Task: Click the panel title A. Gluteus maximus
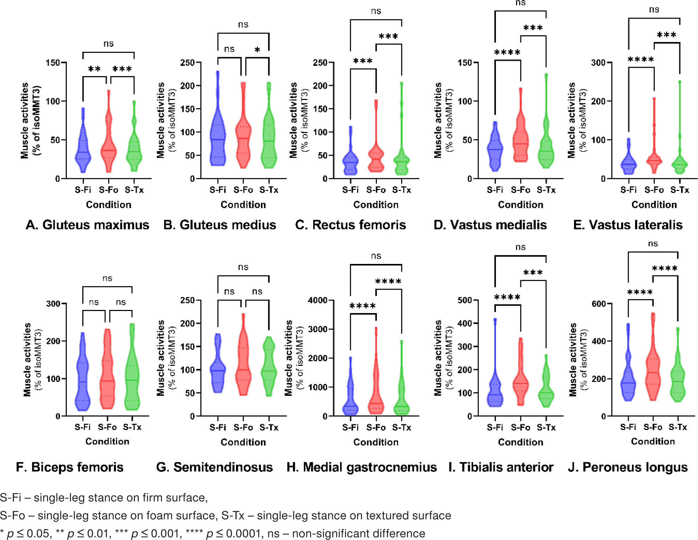tap(87, 225)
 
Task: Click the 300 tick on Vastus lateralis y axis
tap(598, 63)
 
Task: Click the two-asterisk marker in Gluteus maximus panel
tap(94, 69)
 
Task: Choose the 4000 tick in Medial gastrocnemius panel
tap(318, 300)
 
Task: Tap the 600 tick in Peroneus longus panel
tap(598, 304)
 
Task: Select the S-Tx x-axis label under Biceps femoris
tap(132, 427)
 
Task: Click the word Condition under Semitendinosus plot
tap(243, 442)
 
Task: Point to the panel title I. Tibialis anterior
tap(501, 467)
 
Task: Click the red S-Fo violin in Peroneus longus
tap(653, 374)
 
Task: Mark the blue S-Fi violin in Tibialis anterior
tap(495, 394)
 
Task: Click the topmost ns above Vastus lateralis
tap(654, 10)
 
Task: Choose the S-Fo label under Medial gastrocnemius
tap(376, 428)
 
